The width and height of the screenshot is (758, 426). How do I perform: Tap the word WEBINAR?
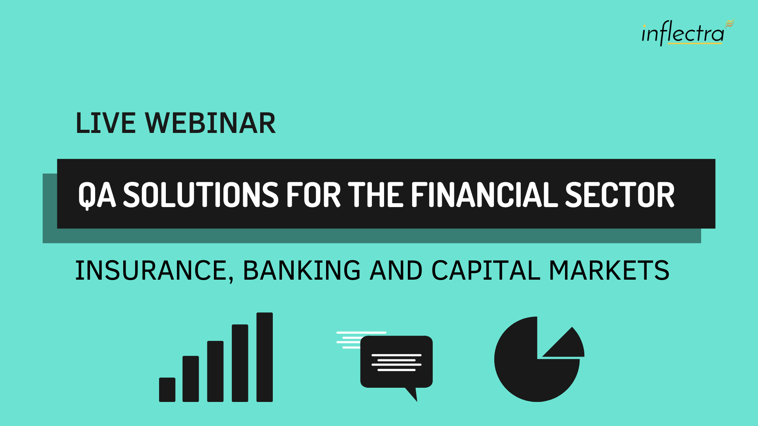coord(210,123)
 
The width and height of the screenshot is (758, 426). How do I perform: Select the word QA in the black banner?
coord(97,195)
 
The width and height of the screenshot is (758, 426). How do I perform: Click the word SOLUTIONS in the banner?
coord(201,194)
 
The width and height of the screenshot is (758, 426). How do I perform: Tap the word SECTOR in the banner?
coord(620,194)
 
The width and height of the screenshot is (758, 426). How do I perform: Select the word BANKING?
coord(302,271)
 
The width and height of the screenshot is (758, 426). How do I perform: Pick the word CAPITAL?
coord(486,271)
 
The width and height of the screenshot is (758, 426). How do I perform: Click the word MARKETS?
coord(609,271)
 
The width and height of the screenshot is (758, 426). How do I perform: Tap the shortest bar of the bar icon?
coord(167,390)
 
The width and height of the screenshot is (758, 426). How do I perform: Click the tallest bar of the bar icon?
coord(265,357)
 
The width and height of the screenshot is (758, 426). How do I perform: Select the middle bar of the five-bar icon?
coord(215,372)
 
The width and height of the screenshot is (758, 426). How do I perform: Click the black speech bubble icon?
coord(396,362)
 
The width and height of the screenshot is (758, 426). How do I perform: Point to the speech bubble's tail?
coord(412,393)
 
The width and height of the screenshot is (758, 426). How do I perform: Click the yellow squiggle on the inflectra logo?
coord(730,24)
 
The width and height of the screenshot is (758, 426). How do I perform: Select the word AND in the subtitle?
coord(396,271)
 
